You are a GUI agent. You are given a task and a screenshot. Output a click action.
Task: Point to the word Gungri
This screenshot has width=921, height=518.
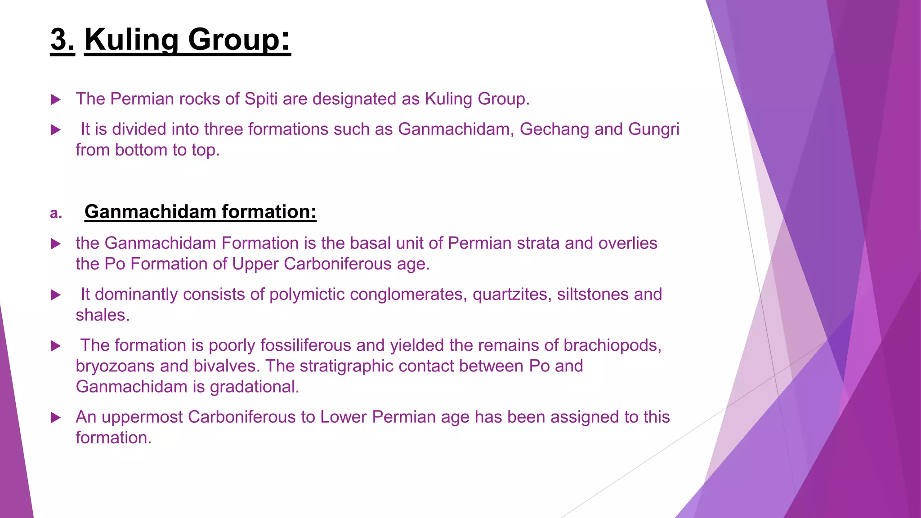pos(653,129)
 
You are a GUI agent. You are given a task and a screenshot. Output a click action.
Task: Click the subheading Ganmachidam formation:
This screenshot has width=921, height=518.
pos(201,212)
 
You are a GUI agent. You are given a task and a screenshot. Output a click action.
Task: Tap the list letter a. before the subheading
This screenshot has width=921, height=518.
pos(56,213)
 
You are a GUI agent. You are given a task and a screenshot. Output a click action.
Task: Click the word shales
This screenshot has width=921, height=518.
pos(103,315)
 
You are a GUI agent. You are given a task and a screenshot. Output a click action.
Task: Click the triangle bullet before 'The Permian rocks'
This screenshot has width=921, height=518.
pos(56,99)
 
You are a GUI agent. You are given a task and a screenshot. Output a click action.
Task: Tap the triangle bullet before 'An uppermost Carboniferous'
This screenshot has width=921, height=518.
pos(56,418)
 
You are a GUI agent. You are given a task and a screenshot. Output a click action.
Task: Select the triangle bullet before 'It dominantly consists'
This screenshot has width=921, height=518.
pos(56,295)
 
